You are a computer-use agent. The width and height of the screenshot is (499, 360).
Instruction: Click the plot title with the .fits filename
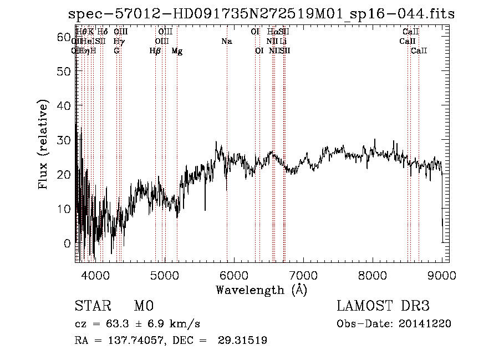coord(260,14)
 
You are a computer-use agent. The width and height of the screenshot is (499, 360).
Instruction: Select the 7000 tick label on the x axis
coord(303,275)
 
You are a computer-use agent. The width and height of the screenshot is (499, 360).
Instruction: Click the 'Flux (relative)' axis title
coord(43,145)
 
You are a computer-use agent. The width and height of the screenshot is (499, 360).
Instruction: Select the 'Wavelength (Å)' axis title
coord(261,290)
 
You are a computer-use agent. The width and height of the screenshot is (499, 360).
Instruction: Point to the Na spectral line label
coord(226,42)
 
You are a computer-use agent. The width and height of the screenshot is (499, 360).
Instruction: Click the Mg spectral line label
coord(177,51)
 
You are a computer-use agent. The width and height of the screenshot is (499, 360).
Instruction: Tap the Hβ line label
coord(155,51)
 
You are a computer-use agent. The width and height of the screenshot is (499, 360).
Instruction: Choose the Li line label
coord(283,42)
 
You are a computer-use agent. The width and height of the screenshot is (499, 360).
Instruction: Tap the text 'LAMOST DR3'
coord(383,306)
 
